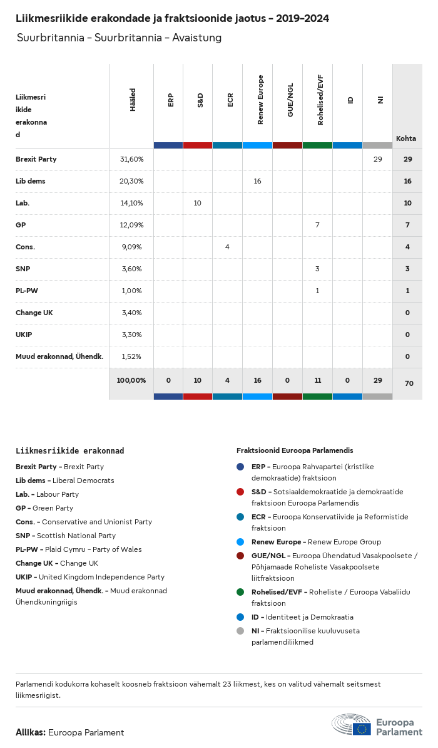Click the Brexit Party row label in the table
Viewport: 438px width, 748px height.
coord(36,159)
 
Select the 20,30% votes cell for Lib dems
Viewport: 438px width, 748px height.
coord(131,181)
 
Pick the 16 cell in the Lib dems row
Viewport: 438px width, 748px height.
coord(257,181)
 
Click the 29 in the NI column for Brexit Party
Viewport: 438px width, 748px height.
coord(377,159)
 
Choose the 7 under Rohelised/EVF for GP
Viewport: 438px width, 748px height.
coord(317,225)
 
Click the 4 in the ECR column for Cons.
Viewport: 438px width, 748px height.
coord(227,247)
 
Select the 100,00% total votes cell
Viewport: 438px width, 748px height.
coord(131,380)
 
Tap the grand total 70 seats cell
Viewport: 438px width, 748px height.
coord(409,383)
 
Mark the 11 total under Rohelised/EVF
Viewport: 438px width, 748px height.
coord(317,380)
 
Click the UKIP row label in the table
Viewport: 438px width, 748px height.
coord(24,335)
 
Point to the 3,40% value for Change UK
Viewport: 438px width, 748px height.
coord(131,313)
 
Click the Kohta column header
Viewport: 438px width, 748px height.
coord(406,138)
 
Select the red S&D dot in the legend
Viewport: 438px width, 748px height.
coord(240,492)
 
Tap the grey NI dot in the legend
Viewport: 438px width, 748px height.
coord(240,631)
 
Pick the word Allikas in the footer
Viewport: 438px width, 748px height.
coord(30,732)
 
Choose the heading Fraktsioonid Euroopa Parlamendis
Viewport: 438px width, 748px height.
coord(295,450)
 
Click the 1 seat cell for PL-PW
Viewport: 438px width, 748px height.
coord(317,291)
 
